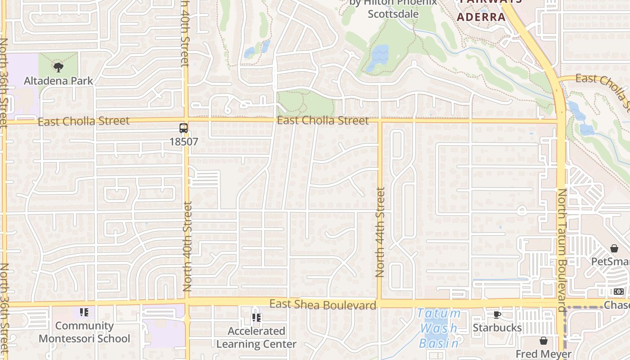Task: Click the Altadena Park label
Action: tap(58, 81)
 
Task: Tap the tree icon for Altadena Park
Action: tap(58, 67)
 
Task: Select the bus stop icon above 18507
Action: tap(184, 128)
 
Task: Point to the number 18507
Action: tap(184, 141)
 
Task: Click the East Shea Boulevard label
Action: tap(323, 305)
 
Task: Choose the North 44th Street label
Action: tap(380, 232)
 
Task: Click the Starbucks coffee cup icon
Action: tap(497, 315)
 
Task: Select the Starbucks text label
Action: tap(497, 328)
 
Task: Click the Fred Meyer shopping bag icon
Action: tap(544, 341)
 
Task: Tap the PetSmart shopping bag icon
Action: tap(614, 248)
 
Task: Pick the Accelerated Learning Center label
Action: tap(256, 337)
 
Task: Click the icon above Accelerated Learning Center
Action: tap(256, 318)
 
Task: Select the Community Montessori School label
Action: tap(84, 332)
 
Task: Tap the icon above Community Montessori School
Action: tap(84, 312)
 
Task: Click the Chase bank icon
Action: tap(619, 292)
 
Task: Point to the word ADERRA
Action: tap(481, 17)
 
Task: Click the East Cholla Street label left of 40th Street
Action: tap(84, 121)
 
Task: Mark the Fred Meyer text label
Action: tap(544, 354)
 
